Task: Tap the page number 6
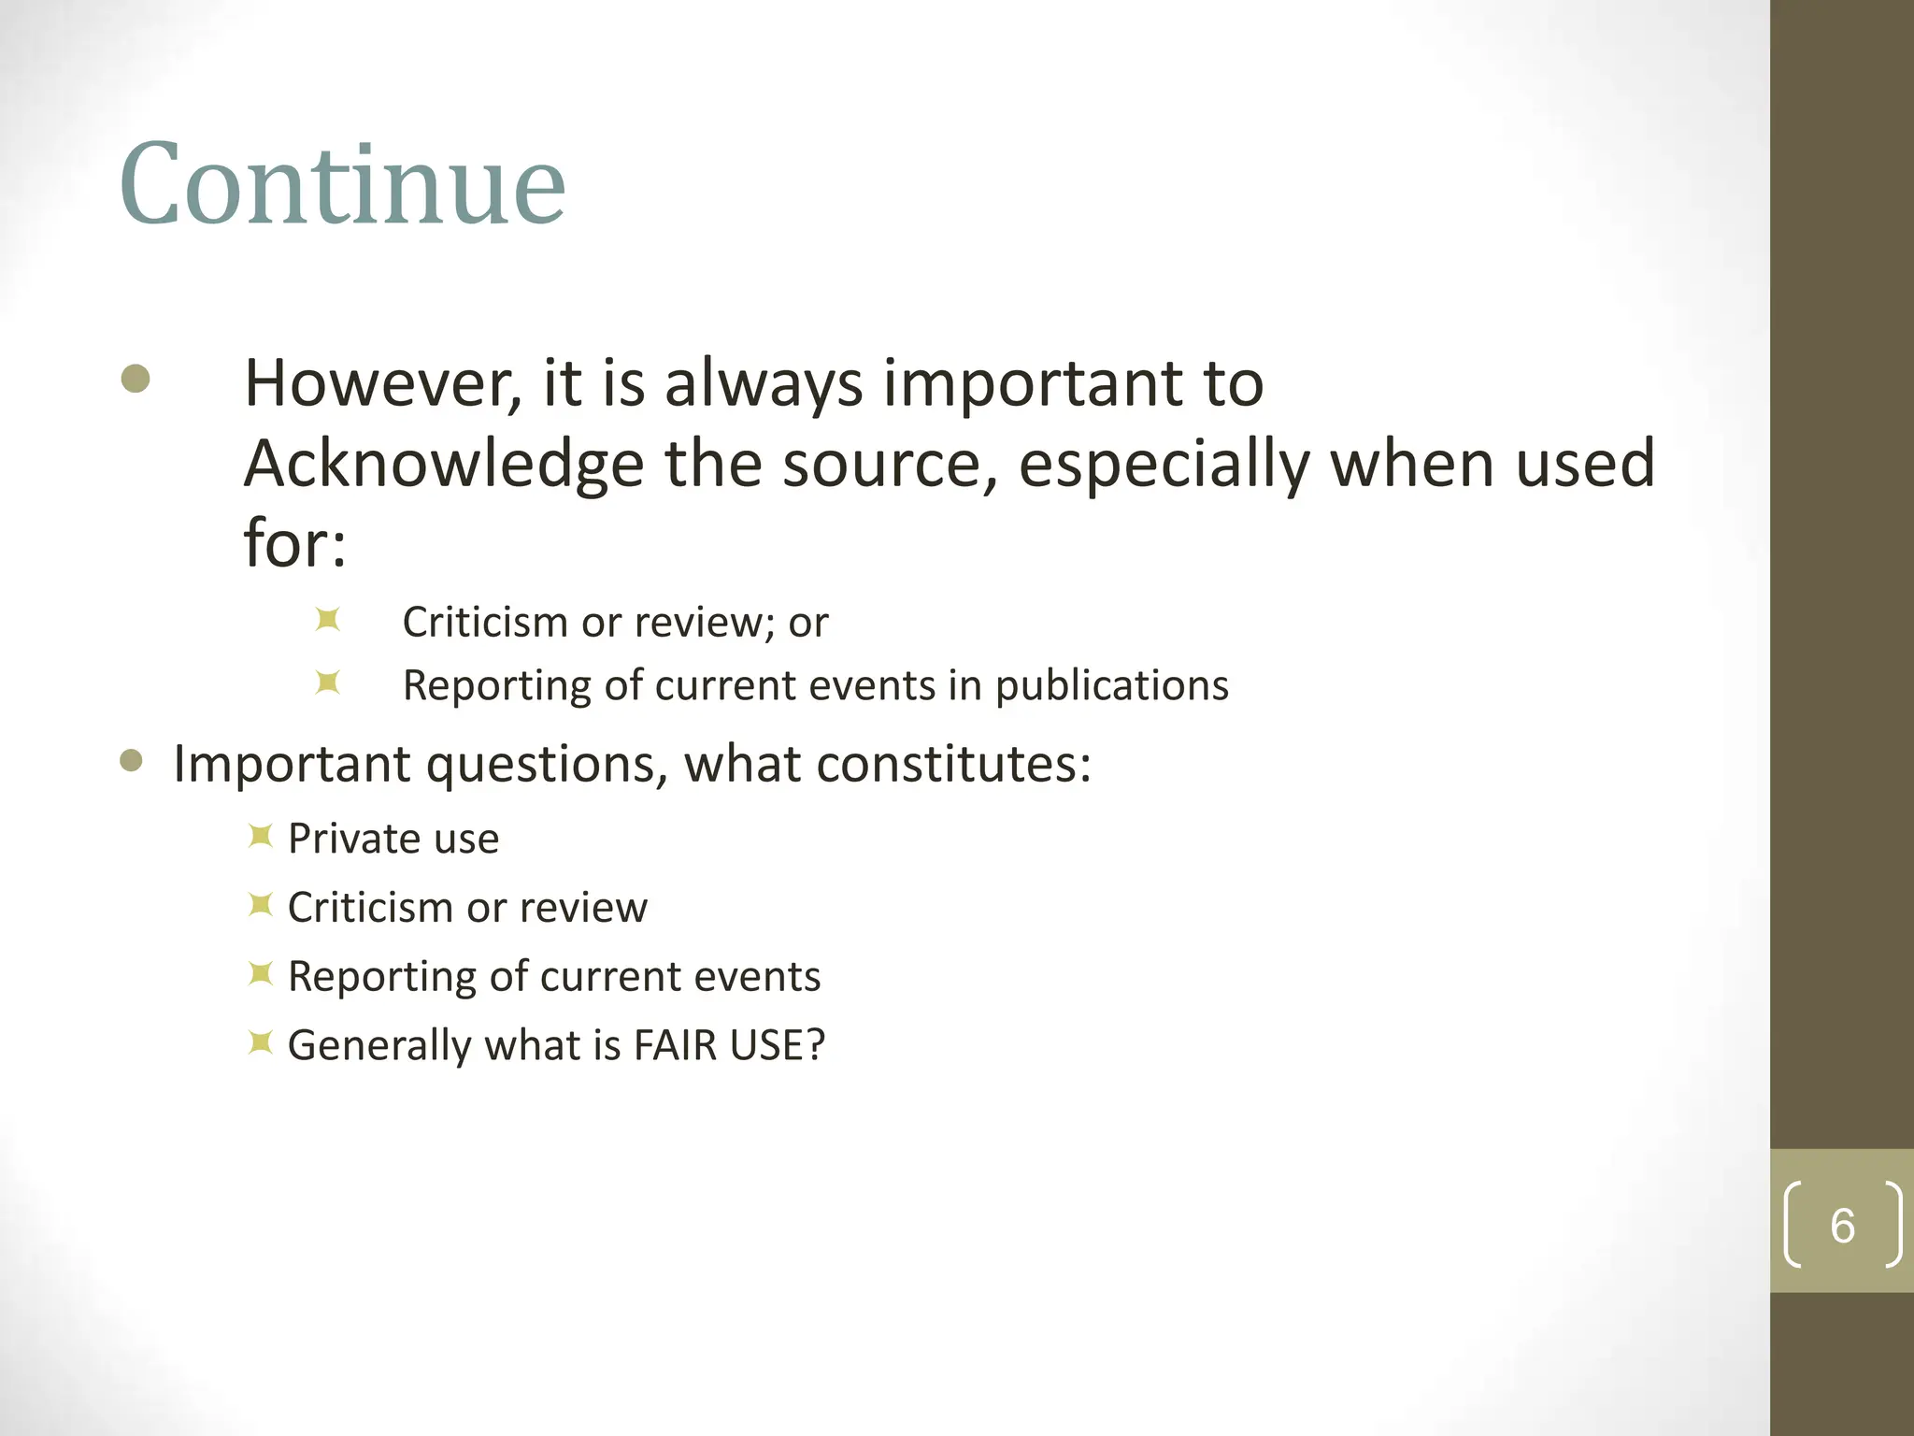click(x=1842, y=1226)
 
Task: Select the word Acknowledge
click(x=444, y=465)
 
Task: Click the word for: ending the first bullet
click(x=294, y=543)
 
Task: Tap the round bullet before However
click(x=136, y=379)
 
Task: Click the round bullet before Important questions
click(x=132, y=761)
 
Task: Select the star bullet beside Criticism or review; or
click(x=327, y=620)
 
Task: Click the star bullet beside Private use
click(x=260, y=836)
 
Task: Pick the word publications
click(x=1111, y=686)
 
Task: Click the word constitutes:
click(x=953, y=765)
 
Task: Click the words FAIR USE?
click(x=729, y=1045)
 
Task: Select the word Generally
click(x=379, y=1046)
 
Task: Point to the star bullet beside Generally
click(x=260, y=1042)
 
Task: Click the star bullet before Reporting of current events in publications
click(x=327, y=682)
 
